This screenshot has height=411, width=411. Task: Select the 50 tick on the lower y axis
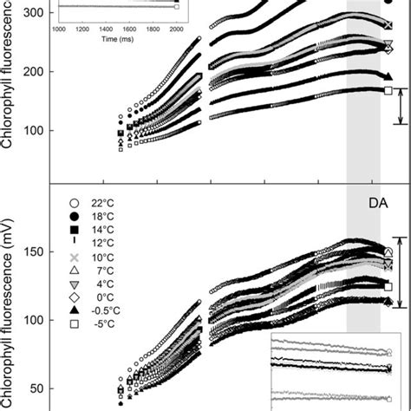tap(38, 389)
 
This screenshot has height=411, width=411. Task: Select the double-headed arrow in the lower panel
tap(400, 272)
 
